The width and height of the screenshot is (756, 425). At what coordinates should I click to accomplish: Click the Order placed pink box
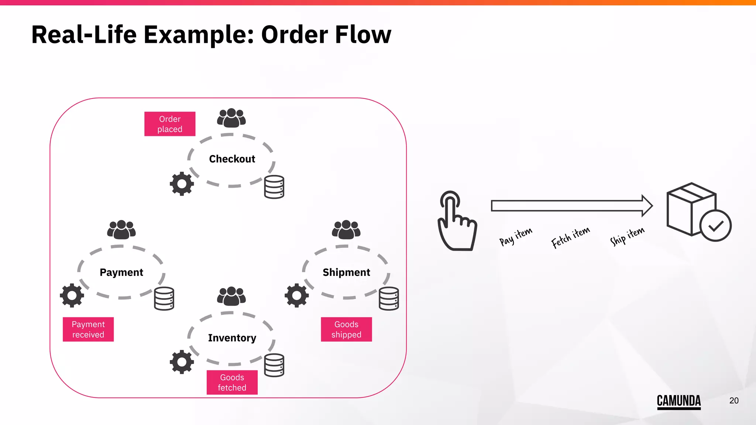pos(170,124)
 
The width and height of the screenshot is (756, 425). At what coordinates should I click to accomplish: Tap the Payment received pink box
pos(88,329)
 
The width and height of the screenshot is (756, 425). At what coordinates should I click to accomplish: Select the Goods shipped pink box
pos(346,329)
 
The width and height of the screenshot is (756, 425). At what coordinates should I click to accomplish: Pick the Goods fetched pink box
pos(232,383)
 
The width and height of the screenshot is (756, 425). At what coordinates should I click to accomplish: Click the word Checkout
pos(232,159)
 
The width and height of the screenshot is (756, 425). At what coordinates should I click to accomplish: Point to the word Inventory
pos(232,338)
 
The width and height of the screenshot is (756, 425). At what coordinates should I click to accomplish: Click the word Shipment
pos(346,272)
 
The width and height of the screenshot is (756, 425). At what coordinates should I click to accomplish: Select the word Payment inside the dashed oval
pos(121,272)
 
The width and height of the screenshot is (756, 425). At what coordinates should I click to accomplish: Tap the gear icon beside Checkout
pos(182,184)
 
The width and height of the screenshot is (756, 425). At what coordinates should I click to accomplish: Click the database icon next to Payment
pos(164,298)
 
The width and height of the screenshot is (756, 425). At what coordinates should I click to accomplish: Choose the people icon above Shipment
pos(346,230)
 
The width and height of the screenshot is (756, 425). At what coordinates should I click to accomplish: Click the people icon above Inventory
pos(231,296)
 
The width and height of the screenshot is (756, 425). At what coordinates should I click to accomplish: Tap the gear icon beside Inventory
pos(182,362)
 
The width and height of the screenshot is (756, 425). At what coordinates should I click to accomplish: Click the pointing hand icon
pos(457,221)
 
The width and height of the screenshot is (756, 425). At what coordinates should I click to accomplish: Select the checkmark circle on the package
pos(715,226)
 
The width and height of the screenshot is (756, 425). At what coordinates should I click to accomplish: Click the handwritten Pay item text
pos(515,236)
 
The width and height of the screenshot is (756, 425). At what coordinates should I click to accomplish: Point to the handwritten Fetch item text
pos(570,237)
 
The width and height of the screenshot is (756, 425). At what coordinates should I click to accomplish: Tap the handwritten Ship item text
pos(627,236)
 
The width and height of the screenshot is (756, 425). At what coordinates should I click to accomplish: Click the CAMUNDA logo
pos(678,401)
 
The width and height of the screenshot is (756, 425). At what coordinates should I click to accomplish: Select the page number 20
pos(734,401)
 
